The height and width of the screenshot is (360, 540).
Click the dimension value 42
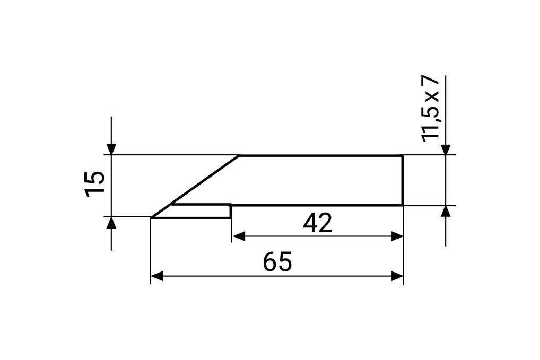coord(317,224)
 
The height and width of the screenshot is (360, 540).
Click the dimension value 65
coord(277,262)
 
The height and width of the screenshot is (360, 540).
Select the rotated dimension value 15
coord(95,184)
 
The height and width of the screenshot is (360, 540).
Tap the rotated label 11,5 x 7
coord(431,109)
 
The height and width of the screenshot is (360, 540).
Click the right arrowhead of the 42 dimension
coord(397,236)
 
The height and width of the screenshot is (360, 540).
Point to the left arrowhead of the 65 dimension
coord(157,276)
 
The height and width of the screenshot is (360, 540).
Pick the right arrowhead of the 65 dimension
coord(397,276)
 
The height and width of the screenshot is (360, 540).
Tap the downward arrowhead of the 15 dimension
coord(111,148)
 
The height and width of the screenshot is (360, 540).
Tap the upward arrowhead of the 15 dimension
coord(111,223)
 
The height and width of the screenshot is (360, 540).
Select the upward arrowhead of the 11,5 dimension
coord(446,211)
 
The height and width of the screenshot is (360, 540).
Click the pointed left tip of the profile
coord(152,217)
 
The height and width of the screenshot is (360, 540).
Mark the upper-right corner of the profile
coord(402,156)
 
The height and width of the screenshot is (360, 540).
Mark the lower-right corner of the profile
coord(402,205)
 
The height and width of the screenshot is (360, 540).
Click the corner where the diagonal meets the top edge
coord(239,156)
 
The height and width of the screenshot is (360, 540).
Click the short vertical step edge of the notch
coord(230,211)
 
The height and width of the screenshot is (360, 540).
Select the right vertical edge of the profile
coord(402,180)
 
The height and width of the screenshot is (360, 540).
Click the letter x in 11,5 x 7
coord(432,97)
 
